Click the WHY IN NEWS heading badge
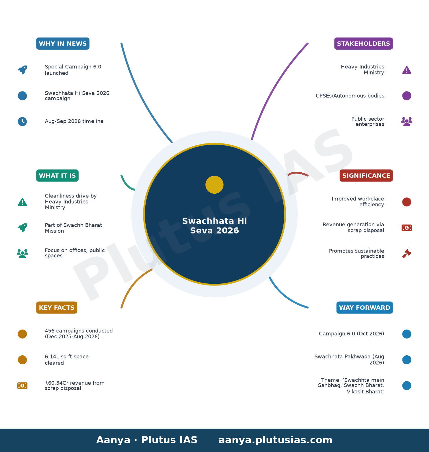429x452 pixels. pyautogui.click(x=63, y=44)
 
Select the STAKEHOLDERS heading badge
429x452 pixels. pyautogui.click(x=363, y=44)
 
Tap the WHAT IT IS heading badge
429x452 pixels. pyautogui.click(x=57, y=175)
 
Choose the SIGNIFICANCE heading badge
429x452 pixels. pyautogui.click(x=366, y=175)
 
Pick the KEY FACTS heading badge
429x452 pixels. pyautogui.click(x=57, y=307)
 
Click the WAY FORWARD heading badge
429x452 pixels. pyautogui.click(x=365, y=307)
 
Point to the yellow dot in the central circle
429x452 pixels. pyautogui.click(x=214, y=185)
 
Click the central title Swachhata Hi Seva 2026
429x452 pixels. pyautogui.click(x=214, y=226)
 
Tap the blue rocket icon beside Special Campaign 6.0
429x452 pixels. pyautogui.click(x=23, y=70)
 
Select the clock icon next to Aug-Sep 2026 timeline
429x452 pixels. pyautogui.click(x=22, y=122)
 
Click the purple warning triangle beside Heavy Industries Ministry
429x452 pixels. pyautogui.click(x=407, y=70)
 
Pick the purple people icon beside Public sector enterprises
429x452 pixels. pyautogui.click(x=407, y=122)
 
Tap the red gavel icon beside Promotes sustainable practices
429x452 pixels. pyautogui.click(x=407, y=253)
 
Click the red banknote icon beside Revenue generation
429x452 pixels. pyautogui.click(x=407, y=228)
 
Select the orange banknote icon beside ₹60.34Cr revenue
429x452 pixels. pyautogui.click(x=22, y=386)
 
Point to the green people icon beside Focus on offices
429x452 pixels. pyautogui.click(x=22, y=253)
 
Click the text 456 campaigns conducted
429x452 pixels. pyautogui.click(x=79, y=331)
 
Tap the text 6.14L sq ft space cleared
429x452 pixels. pyautogui.click(x=67, y=360)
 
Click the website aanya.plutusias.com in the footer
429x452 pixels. pyautogui.click(x=275, y=440)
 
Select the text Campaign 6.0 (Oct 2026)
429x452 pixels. pyautogui.click(x=352, y=334)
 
